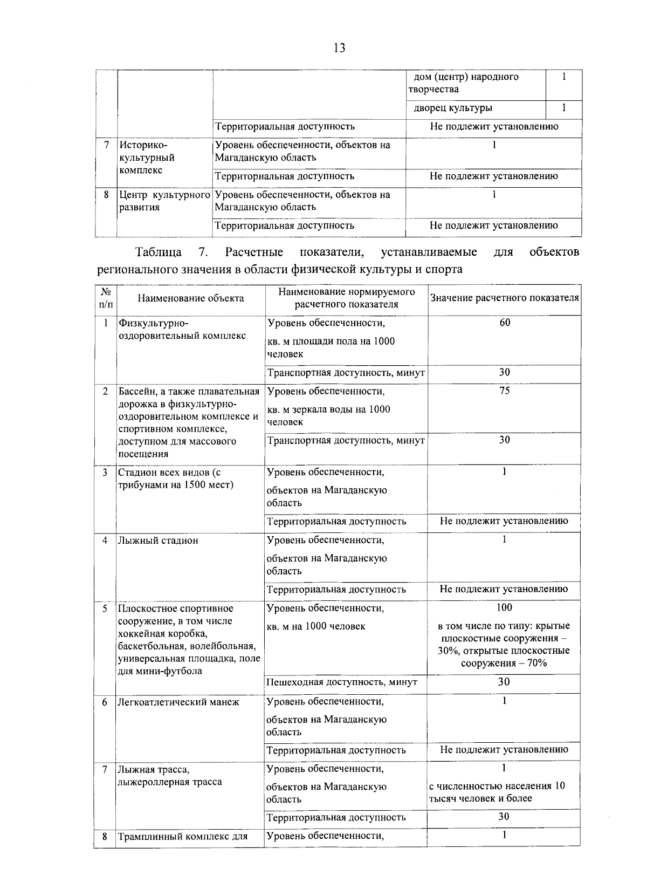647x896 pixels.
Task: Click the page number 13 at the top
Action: (x=339, y=49)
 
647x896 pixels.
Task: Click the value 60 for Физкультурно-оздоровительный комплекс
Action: (x=504, y=323)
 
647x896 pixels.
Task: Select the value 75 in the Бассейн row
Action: (x=504, y=391)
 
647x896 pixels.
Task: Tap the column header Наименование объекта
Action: (x=190, y=298)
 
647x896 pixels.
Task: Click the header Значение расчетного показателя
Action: (x=504, y=298)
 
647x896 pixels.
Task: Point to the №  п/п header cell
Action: (x=106, y=298)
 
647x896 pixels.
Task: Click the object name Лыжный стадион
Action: (x=158, y=541)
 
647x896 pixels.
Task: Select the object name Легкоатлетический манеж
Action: (x=178, y=702)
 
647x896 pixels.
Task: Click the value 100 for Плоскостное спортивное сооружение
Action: (x=504, y=608)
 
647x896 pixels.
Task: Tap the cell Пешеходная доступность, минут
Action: (x=342, y=682)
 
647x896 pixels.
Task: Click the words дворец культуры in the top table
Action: (x=453, y=108)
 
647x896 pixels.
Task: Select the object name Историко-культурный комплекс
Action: (x=147, y=158)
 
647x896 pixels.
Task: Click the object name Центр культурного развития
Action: (x=164, y=201)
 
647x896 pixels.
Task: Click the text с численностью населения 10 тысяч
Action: (x=497, y=792)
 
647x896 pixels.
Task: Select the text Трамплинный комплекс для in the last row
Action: (x=183, y=837)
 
